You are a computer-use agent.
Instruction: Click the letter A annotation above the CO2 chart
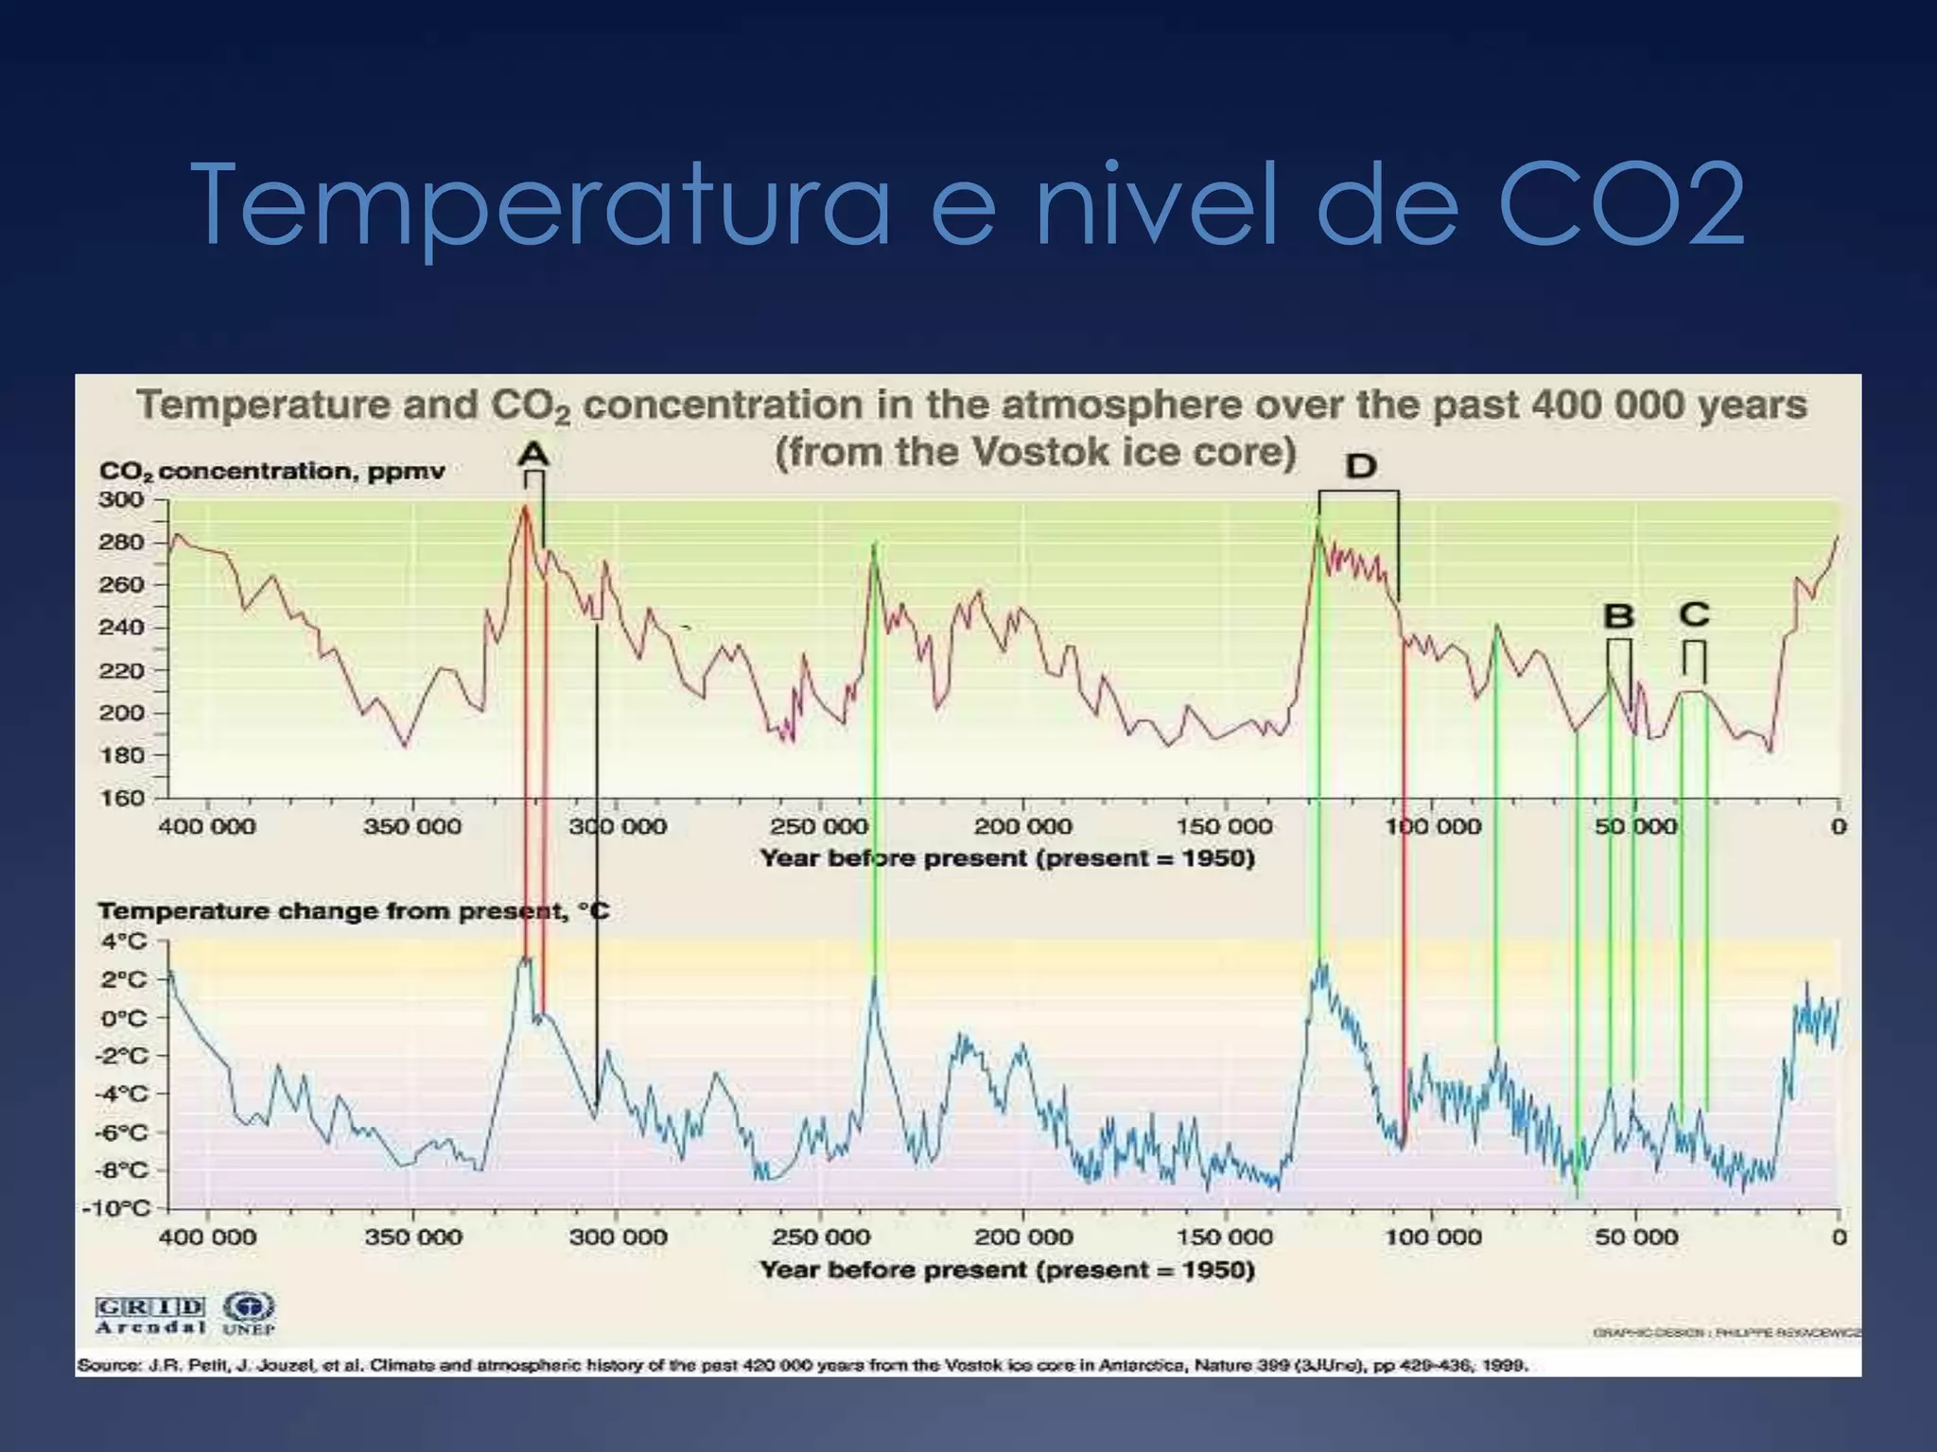pyautogui.click(x=533, y=455)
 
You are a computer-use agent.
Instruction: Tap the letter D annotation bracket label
pyautogui.click(x=1360, y=466)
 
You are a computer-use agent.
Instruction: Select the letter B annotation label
pyautogui.click(x=1618, y=616)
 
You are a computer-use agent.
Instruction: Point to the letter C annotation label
pyautogui.click(x=1694, y=614)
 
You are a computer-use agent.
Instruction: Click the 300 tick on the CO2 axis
pyautogui.click(x=121, y=499)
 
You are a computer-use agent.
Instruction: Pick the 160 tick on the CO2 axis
pyautogui.click(x=121, y=798)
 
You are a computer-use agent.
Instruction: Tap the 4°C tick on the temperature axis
pyautogui.click(x=125, y=942)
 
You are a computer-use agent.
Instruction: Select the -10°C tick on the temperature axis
pyautogui.click(x=117, y=1208)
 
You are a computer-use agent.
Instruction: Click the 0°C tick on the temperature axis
pyautogui.click(x=125, y=1018)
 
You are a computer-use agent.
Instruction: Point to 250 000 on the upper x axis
pyautogui.click(x=818, y=826)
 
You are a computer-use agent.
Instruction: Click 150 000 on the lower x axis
pyautogui.click(x=1225, y=1236)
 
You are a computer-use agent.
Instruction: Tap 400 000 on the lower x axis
pyautogui.click(x=207, y=1236)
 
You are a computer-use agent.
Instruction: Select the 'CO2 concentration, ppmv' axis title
pyautogui.click(x=271, y=471)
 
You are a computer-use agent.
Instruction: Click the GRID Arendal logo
pyautogui.click(x=150, y=1315)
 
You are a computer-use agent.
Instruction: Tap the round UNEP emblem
pyautogui.click(x=249, y=1307)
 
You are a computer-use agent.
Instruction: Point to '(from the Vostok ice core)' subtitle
pyautogui.click(x=1035, y=452)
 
